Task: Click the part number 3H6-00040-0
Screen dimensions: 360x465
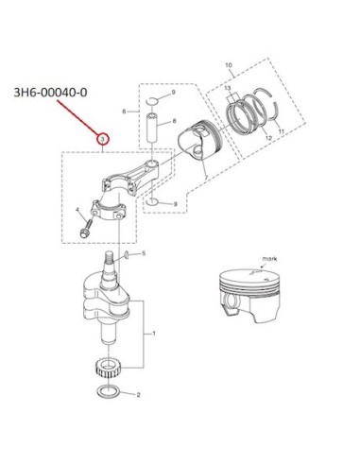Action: coord(50,93)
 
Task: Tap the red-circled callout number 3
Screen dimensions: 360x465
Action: coord(103,139)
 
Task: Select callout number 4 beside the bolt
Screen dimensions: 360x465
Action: coord(77,210)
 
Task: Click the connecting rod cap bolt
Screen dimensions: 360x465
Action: coord(86,229)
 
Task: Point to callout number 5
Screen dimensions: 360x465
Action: coord(144,253)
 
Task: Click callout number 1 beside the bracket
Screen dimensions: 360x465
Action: coord(154,334)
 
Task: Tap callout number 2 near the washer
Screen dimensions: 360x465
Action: coord(138,395)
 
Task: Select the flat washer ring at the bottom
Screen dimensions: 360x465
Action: coord(109,391)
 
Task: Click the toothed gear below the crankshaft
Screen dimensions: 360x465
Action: coord(108,369)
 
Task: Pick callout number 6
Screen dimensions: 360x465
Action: coord(124,112)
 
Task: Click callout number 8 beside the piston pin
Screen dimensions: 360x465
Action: coord(174,121)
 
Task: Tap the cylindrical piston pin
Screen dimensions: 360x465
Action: coord(153,129)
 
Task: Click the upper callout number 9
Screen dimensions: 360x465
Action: coord(173,93)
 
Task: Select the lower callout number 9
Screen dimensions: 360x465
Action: coord(175,204)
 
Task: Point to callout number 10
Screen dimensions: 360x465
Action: coord(229,65)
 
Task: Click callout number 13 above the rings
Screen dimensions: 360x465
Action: coord(228,88)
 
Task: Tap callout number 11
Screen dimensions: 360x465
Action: coord(281,131)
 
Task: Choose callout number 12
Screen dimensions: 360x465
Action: coord(268,138)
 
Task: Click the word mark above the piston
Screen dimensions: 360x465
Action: coord(269,259)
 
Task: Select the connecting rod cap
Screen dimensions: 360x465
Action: coord(109,210)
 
